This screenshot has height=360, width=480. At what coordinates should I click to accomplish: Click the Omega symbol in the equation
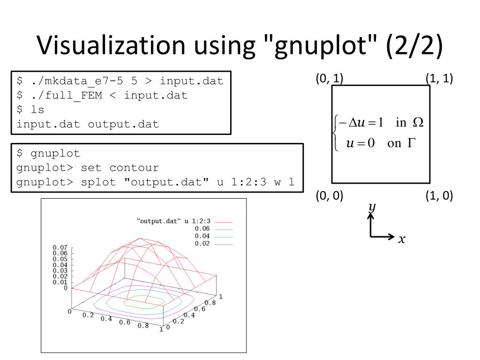point(417,122)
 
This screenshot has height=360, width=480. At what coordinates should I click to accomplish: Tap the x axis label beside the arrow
point(402,240)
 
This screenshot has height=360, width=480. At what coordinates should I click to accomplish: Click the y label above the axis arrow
point(372,207)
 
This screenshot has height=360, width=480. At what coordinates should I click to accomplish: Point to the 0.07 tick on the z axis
point(60,247)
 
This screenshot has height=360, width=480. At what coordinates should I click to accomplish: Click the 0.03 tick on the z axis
point(60,270)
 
